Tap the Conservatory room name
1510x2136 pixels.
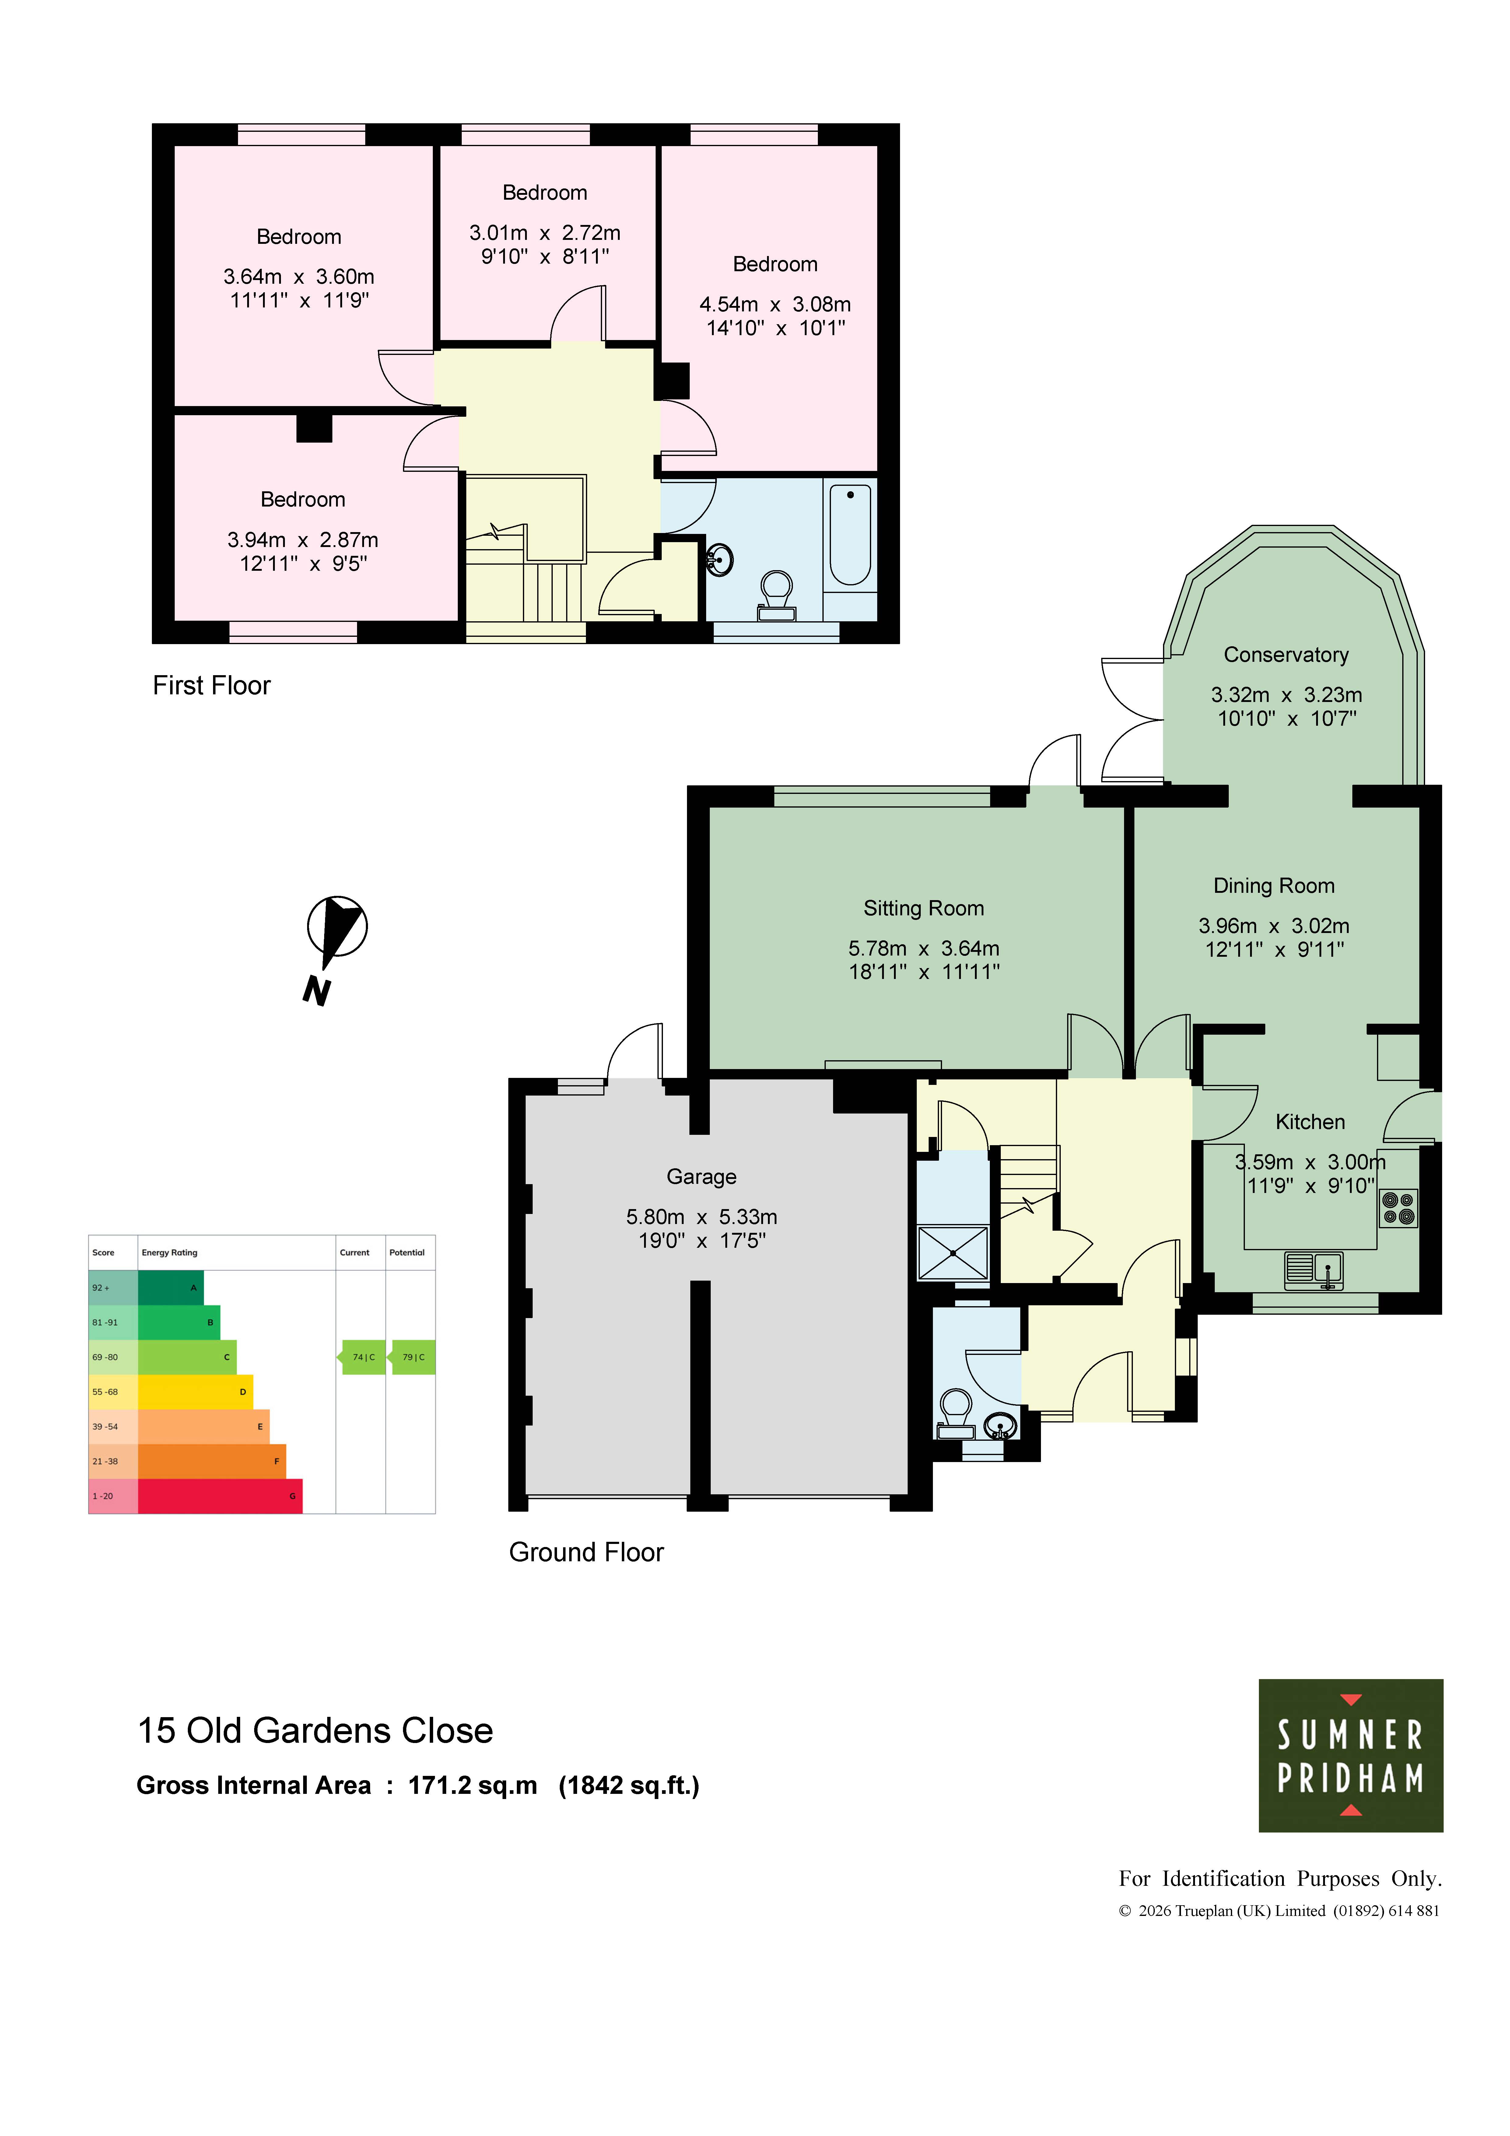(x=1286, y=655)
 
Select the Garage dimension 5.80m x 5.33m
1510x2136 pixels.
(x=702, y=1217)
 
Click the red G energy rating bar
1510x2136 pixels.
(x=219, y=1496)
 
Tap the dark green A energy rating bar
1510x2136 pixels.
(x=170, y=1288)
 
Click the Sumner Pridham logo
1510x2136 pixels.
(x=1350, y=1755)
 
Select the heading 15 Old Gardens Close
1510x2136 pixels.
(x=315, y=1731)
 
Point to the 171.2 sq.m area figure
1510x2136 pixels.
(x=473, y=1785)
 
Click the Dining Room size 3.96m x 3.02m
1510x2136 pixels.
(x=1274, y=926)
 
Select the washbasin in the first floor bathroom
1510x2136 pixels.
(x=719, y=560)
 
